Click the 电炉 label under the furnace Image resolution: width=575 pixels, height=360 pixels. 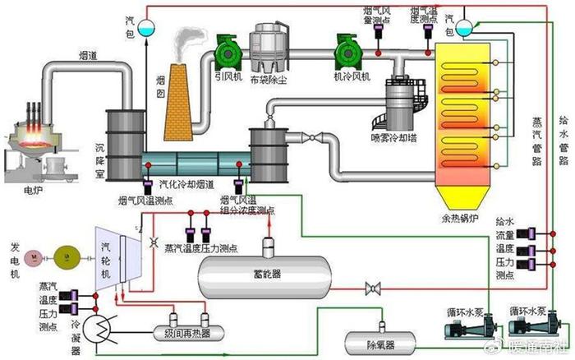pos(32,190)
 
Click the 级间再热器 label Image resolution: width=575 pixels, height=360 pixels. pos(182,332)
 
